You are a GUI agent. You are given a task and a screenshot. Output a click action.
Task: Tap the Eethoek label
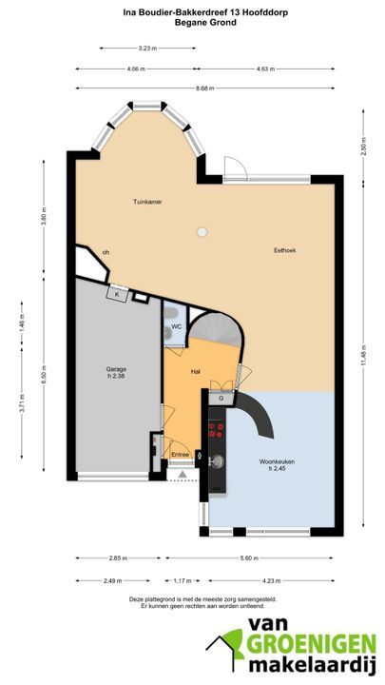point(284,250)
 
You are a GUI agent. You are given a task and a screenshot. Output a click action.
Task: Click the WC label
point(177,326)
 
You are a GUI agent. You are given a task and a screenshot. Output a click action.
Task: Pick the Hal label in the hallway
point(196,372)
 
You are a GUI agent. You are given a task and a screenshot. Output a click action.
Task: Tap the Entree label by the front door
point(181,455)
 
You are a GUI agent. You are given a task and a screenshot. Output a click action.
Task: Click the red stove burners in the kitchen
point(217,430)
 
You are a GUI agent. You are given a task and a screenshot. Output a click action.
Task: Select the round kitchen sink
point(217,460)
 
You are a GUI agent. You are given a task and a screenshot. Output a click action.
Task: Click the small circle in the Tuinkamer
point(202,232)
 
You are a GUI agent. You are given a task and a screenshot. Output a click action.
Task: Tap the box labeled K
point(117,294)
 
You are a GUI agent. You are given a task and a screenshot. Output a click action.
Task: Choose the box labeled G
point(221,398)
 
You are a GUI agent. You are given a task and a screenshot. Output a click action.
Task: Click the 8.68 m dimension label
point(204,88)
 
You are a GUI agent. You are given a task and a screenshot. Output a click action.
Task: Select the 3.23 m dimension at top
point(147,49)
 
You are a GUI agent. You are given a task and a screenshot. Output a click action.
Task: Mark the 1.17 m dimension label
point(183,580)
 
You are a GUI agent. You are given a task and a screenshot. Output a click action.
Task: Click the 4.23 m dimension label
point(271,580)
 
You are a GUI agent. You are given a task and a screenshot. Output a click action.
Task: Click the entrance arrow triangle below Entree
point(183,475)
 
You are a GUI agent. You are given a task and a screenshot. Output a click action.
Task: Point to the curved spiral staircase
point(215,331)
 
